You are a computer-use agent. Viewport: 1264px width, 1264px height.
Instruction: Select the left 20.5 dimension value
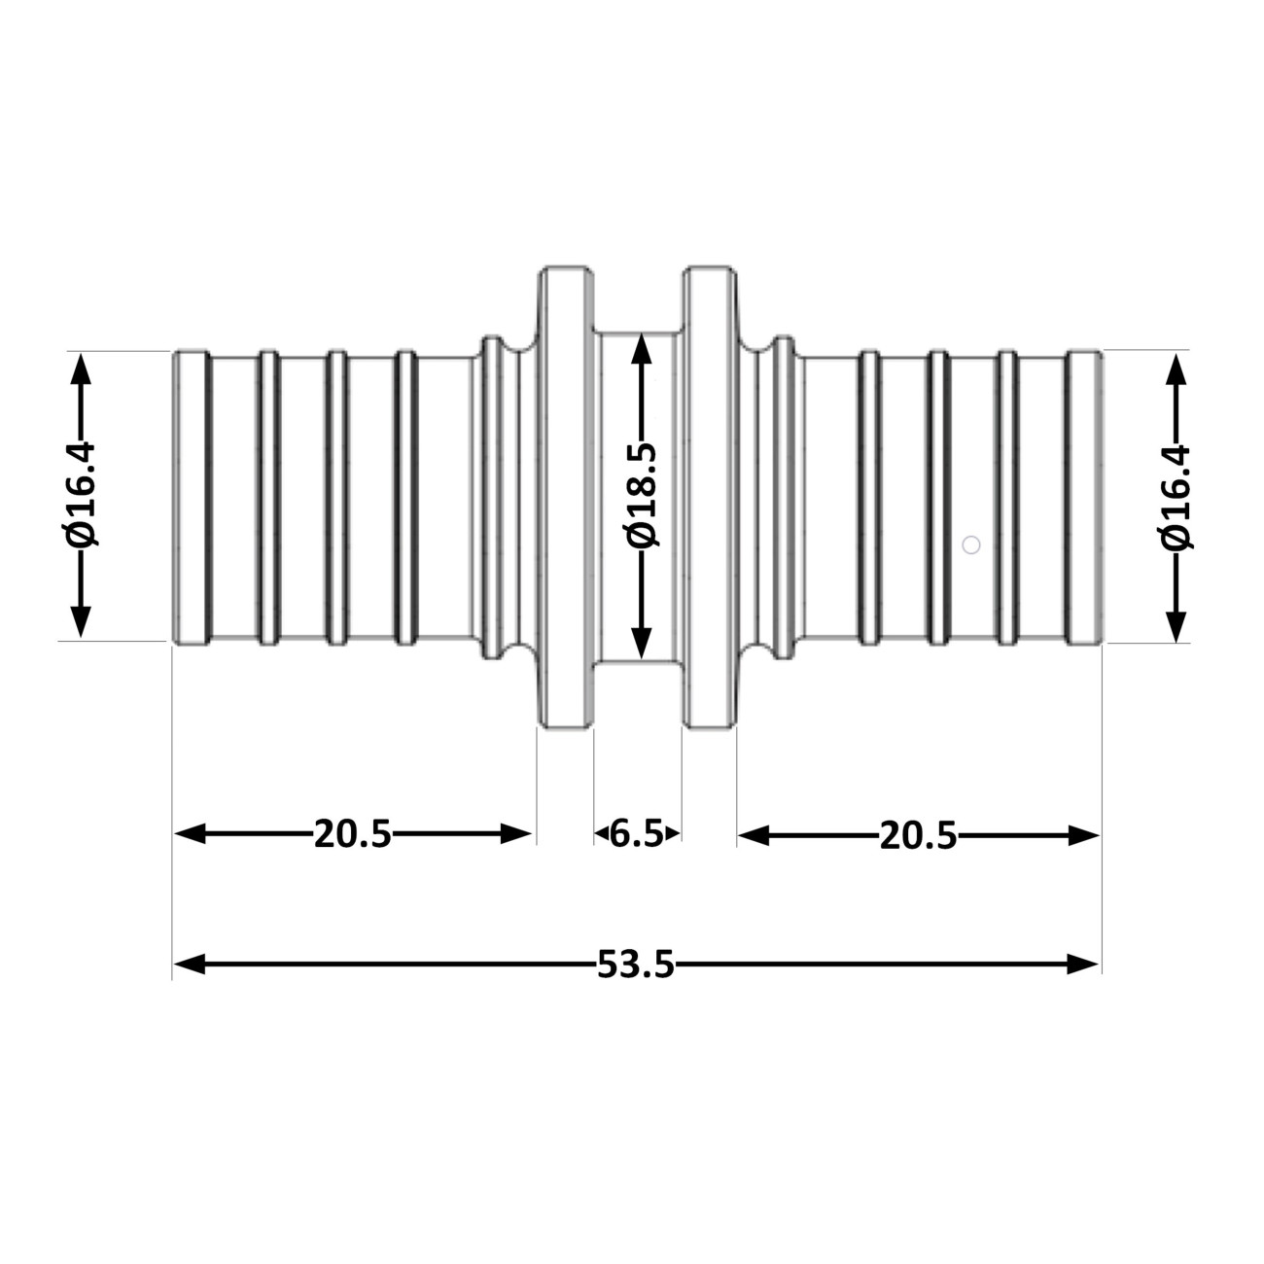[x=352, y=834]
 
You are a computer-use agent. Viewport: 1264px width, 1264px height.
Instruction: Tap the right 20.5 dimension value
[x=918, y=835]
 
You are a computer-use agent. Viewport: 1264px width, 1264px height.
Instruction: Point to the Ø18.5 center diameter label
[x=642, y=495]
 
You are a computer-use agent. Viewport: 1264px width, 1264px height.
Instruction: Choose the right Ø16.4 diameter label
[x=1176, y=495]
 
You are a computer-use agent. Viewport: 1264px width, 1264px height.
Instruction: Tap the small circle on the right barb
[x=970, y=544]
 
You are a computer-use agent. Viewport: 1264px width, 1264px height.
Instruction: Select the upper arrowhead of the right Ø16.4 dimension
[x=1176, y=369]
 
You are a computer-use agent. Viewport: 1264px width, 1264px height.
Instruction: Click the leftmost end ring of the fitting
[x=193, y=498]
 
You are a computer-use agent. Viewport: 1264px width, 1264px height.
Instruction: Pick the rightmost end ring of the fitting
[x=1083, y=498]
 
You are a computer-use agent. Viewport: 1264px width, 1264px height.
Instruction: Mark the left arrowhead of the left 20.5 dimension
[x=190, y=834]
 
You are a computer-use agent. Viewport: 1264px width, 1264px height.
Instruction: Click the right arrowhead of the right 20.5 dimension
[x=1083, y=835]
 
